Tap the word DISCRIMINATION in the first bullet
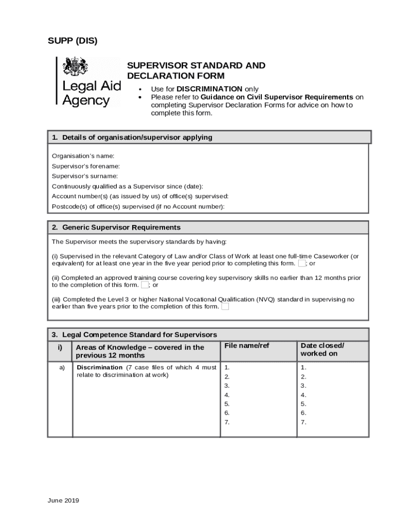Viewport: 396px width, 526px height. tap(209, 89)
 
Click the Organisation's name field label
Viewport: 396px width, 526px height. tap(83, 156)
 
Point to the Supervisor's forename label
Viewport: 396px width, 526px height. tap(86, 166)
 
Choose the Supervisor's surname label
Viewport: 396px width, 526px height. tap(85, 176)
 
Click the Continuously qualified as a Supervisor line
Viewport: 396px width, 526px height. tap(128, 186)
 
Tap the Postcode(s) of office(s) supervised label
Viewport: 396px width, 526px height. tap(138, 206)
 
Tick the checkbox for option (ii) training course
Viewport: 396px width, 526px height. tap(145, 285)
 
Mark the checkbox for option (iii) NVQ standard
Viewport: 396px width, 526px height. tap(225, 307)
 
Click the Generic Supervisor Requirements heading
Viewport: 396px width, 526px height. tap(121, 227)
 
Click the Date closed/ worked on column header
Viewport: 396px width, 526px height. tap(322, 349)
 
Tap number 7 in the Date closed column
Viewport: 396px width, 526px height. tap(303, 422)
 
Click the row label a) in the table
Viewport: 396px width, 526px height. tap(62, 368)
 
